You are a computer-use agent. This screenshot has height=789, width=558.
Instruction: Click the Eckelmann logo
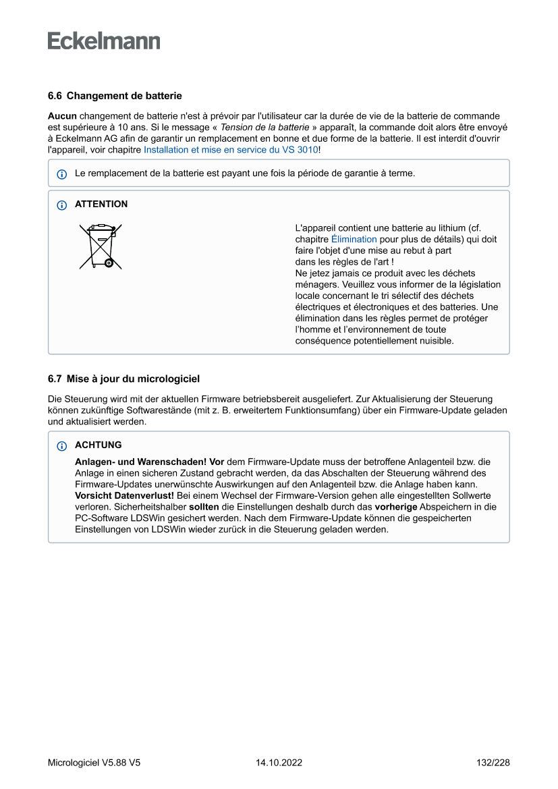tap(104, 40)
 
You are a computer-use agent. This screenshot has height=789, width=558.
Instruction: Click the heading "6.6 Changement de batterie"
tap(115, 96)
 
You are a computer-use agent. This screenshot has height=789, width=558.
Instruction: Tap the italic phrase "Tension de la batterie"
tap(264, 127)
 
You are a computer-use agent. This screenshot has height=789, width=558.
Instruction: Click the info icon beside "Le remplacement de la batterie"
tap(61, 174)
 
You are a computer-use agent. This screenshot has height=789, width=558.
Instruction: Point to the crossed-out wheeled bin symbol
tap(101, 246)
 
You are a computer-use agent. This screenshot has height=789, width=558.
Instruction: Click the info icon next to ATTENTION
tap(61, 205)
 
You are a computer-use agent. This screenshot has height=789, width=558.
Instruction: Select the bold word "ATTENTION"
tap(101, 205)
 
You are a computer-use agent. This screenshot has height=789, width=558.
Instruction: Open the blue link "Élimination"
tap(354, 240)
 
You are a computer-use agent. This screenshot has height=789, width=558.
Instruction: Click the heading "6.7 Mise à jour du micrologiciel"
tap(123, 379)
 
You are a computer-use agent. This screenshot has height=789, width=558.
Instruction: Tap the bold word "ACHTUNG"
tap(99, 445)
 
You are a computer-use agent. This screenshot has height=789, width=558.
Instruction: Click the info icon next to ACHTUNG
tap(61, 446)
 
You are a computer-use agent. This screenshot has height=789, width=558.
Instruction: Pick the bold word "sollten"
tap(202, 507)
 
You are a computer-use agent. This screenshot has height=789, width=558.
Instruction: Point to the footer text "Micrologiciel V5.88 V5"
tap(94, 763)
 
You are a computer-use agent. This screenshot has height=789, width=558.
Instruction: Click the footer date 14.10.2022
tap(279, 763)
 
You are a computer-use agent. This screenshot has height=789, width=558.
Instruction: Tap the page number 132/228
tap(493, 763)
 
